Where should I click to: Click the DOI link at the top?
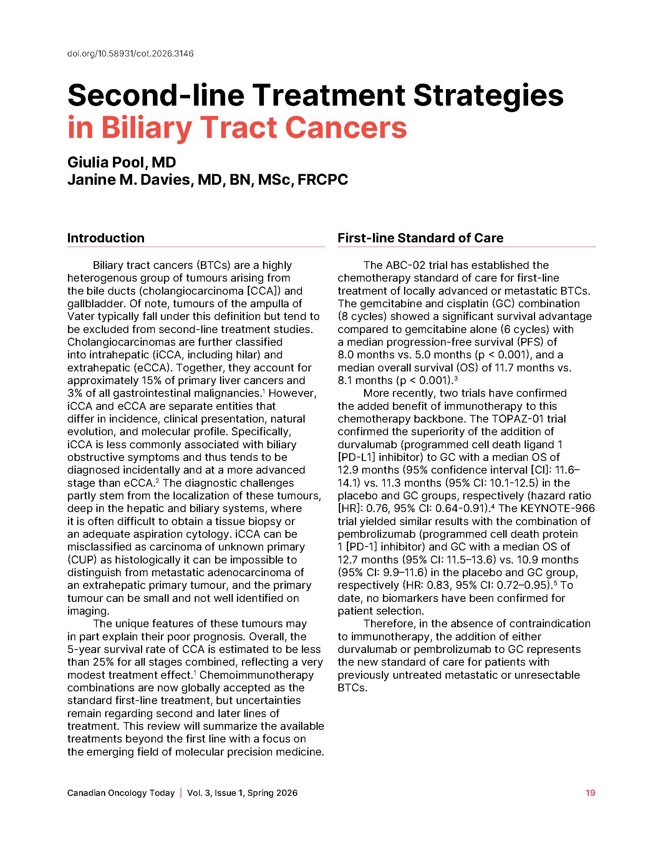coord(130,54)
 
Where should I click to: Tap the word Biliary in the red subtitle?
coord(147,128)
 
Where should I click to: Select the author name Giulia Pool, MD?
coord(121,162)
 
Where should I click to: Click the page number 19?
coord(590,793)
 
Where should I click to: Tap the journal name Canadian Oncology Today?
coord(121,793)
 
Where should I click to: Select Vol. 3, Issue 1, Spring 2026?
coord(242,793)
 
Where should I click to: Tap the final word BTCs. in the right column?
coord(352,688)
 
